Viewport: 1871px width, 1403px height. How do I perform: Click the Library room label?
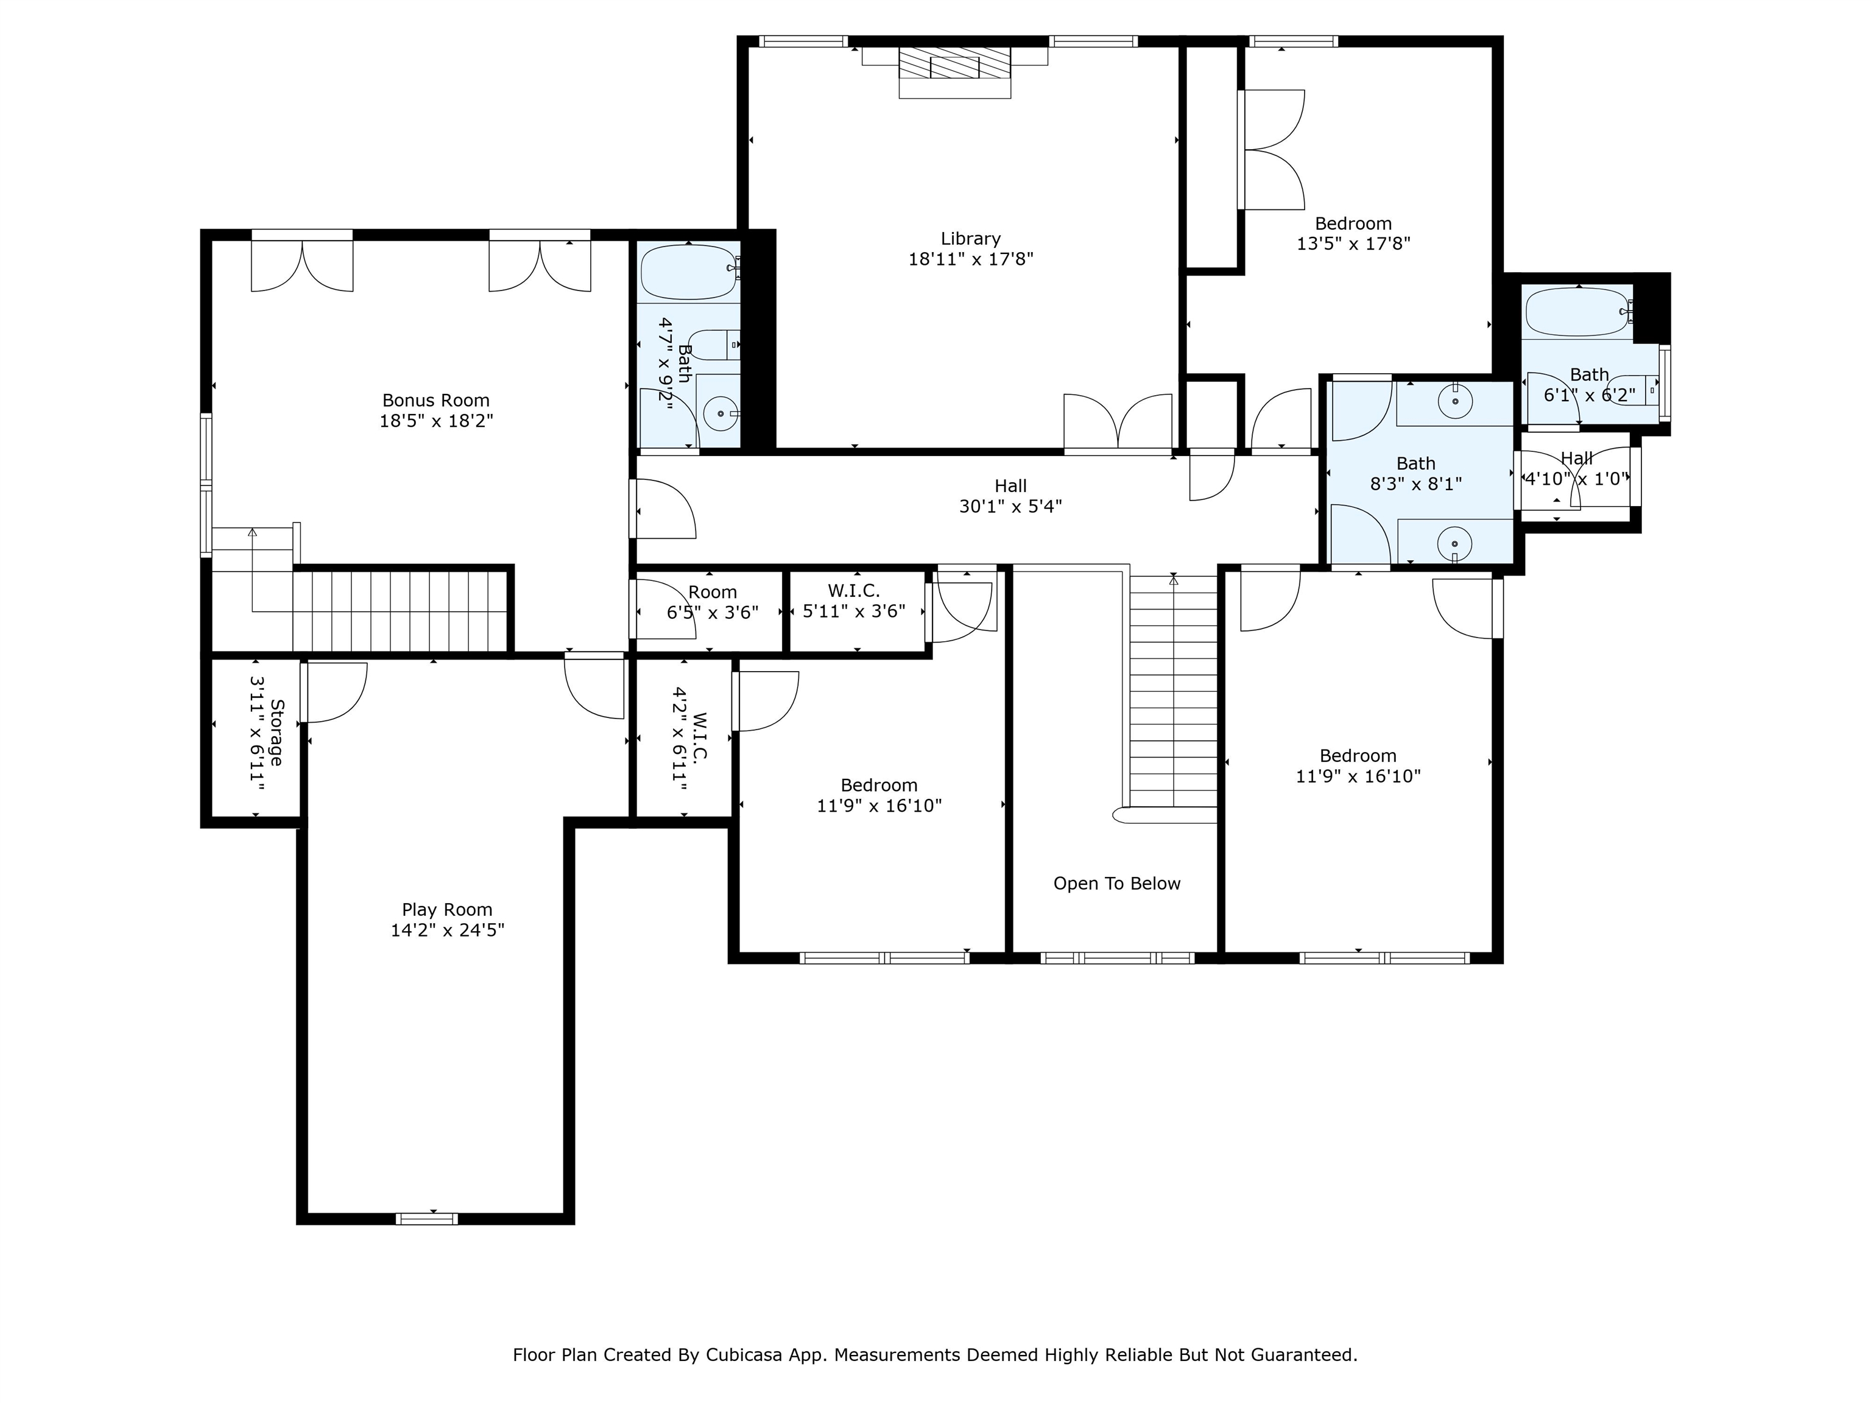[x=970, y=239]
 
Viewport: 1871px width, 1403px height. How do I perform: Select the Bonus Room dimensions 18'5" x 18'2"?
[x=435, y=420]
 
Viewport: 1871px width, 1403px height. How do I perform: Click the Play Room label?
[x=446, y=909]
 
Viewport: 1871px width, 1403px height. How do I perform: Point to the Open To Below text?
[x=1116, y=883]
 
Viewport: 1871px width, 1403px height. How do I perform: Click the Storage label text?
[x=277, y=733]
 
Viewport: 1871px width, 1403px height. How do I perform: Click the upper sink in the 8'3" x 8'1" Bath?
[x=1455, y=402]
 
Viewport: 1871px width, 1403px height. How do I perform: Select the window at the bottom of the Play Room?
[x=427, y=1218]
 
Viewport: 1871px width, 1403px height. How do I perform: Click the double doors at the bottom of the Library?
[x=1118, y=423]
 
